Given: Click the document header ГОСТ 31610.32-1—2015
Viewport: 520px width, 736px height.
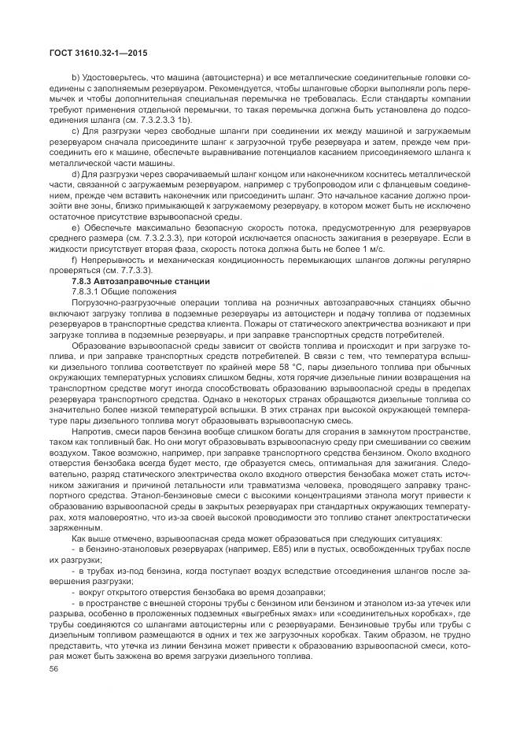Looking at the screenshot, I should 94,53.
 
